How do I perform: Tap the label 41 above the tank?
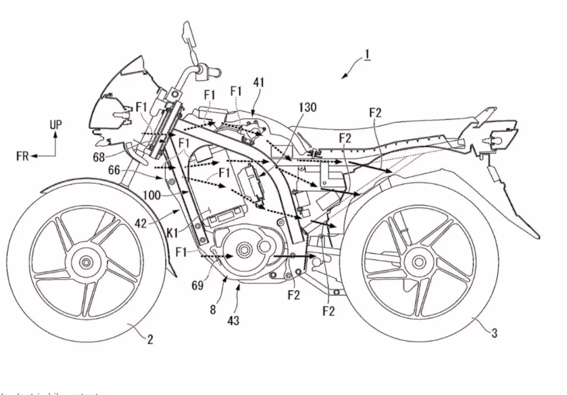click(x=258, y=82)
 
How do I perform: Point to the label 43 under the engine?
click(x=234, y=319)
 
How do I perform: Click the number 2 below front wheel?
click(x=150, y=340)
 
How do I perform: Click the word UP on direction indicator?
click(x=56, y=125)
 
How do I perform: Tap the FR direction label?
click(x=22, y=157)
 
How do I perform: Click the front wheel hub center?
click(x=84, y=262)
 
